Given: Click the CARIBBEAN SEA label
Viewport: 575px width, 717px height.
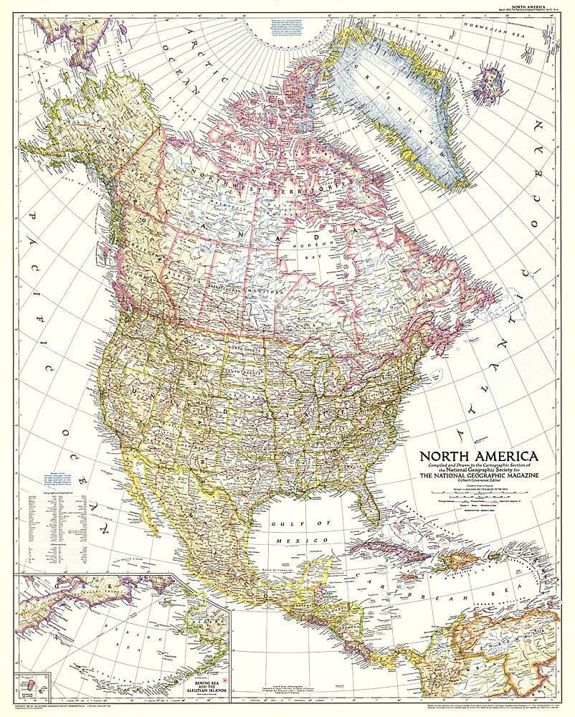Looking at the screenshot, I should tap(430, 595).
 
